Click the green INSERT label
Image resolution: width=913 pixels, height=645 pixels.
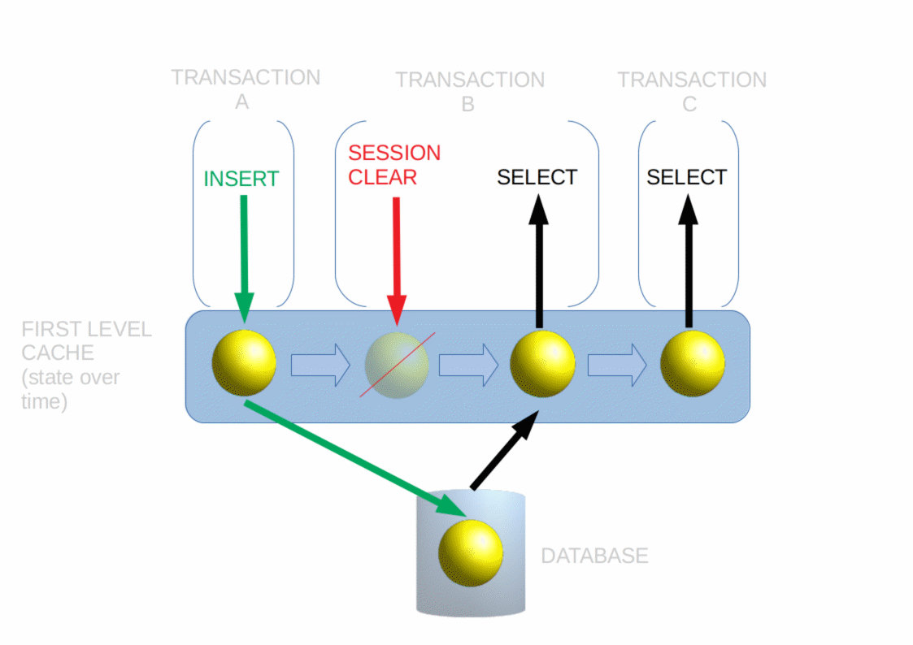[x=241, y=179]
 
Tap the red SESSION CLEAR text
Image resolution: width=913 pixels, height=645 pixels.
[x=394, y=165]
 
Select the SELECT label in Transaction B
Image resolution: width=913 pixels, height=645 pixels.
[x=537, y=177]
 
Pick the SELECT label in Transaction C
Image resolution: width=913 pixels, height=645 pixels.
[x=687, y=177]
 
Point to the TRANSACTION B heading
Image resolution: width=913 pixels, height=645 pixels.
[x=470, y=91]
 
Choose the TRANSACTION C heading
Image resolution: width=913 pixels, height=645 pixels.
[x=692, y=91]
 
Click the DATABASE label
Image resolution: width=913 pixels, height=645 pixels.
[x=594, y=556]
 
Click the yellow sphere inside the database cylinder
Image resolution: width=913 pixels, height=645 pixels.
[x=470, y=553]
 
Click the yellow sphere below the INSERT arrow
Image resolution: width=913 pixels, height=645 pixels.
[x=244, y=362]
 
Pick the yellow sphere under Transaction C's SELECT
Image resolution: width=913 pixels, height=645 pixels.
[x=692, y=364]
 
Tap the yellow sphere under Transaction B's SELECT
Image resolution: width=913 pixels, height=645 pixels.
[x=542, y=364]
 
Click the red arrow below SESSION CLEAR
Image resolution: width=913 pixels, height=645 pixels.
[x=397, y=260]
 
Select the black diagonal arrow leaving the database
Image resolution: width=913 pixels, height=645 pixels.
[x=504, y=452]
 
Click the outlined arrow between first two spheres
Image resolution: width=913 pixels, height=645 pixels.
[x=320, y=366]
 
